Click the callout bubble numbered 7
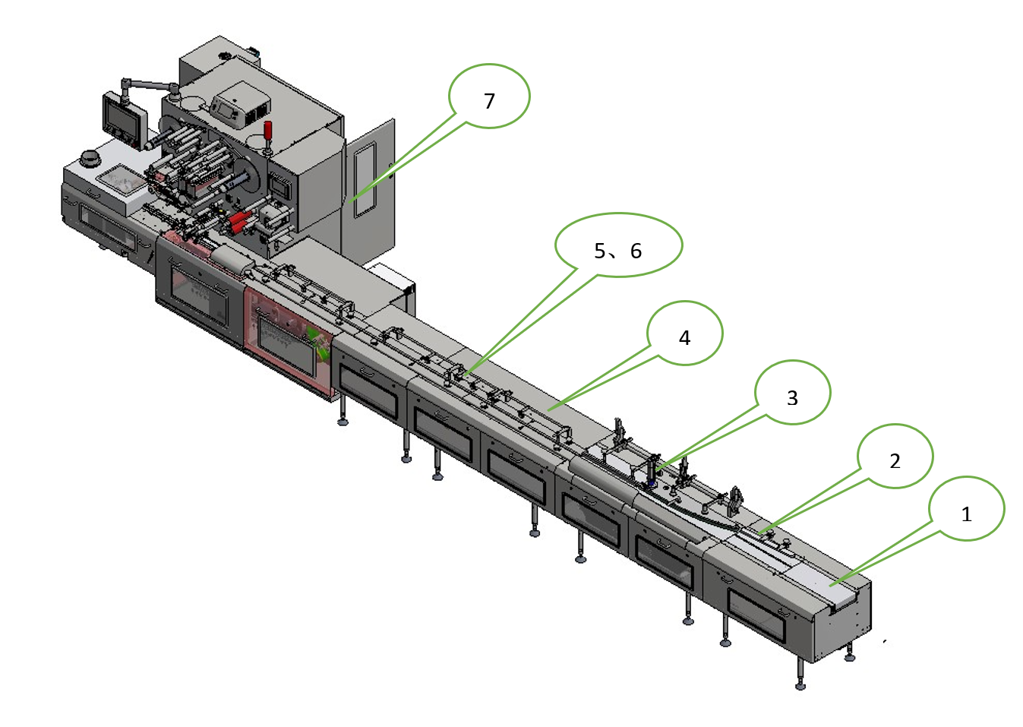tap(489, 96)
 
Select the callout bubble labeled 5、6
tap(618, 245)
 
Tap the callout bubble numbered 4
tap(684, 333)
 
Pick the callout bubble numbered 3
tap(792, 393)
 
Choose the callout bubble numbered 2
tap(895, 456)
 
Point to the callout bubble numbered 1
tap(966, 509)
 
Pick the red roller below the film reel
tap(240, 221)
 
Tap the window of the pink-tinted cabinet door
tap(286, 346)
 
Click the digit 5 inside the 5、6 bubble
tap(600, 251)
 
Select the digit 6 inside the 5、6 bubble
tap(636, 251)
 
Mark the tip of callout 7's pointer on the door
tap(351, 201)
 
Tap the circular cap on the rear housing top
tap(225, 57)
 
